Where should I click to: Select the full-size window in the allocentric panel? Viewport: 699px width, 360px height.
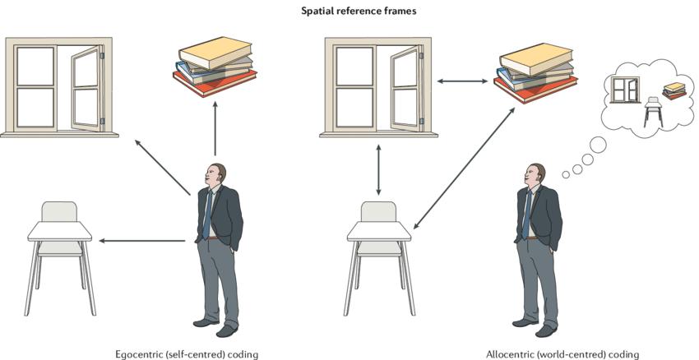[x=376, y=85]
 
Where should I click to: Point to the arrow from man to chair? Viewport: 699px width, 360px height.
[x=141, y=241]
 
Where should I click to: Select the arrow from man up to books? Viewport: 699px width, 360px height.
[x=215, y=127]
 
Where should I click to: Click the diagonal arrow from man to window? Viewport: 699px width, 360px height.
[x=163, y=168]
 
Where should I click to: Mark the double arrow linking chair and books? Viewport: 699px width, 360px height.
[x=464, y=168]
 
